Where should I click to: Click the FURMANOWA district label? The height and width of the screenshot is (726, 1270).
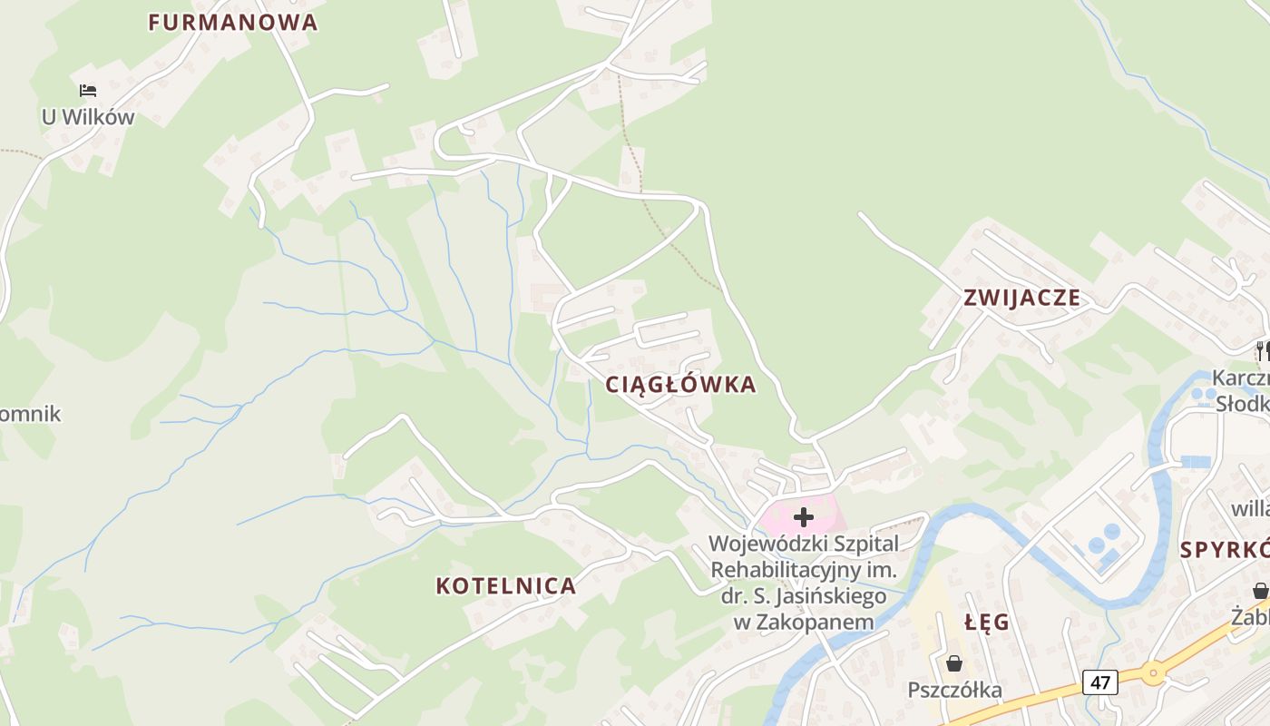pos(233,23)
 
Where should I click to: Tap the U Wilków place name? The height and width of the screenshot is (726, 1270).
pos(88,117)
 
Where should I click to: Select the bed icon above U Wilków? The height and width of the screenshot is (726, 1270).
pos(88,91)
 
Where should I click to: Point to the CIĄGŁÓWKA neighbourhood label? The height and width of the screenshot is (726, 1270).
pos(680,385)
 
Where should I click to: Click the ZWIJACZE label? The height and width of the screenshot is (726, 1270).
pos(1022,298)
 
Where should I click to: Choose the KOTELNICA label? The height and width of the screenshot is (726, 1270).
pos(506,586)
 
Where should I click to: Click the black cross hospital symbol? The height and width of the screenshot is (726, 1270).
pos(804,517)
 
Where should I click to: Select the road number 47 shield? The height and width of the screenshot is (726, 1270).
pos(1099,682)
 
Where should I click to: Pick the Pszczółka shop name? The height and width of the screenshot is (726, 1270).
pos(955,691)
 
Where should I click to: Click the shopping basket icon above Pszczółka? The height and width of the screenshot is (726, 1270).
pos(953,663)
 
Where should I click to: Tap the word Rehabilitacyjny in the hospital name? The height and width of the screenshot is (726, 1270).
pos(804,571)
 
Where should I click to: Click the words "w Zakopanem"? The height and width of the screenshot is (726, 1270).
pos(804,623)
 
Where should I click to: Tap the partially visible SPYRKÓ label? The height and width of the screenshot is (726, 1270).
pos(1225,550)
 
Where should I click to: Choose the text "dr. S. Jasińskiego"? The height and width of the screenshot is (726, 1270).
pos(804,597)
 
